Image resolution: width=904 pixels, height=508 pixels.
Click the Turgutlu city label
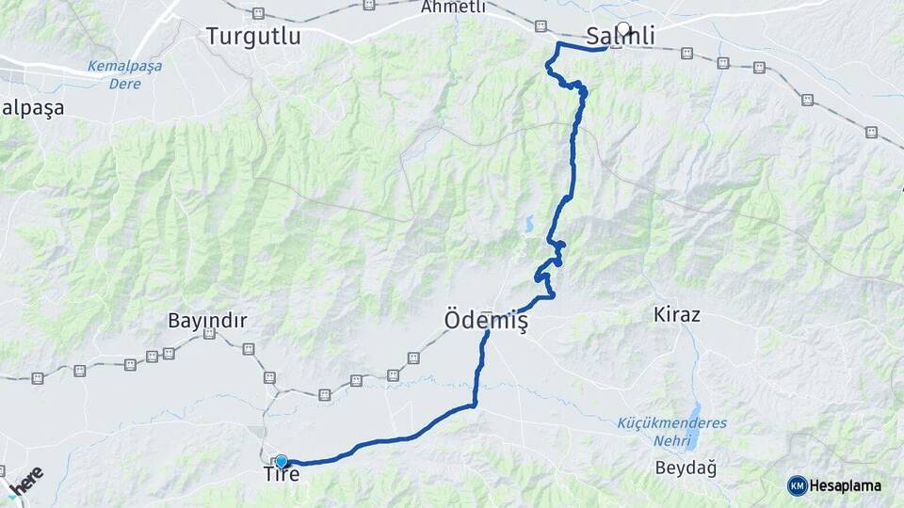tap(253, 37)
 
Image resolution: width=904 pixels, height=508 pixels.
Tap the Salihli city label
tap(620, 37)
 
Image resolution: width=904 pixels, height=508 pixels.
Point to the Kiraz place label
tap(676, 314)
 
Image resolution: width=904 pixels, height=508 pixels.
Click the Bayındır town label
tap(207, 321)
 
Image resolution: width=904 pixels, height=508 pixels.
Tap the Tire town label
tap(282, 474)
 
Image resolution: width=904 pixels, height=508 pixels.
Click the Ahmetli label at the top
tap(454, 7)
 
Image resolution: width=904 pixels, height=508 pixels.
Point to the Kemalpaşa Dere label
tap(124, 74)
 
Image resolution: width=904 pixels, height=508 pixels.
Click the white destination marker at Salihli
tap(622, 27)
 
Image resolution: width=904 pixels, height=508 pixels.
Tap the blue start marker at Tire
tap(281, 461)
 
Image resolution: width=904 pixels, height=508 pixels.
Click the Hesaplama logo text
tap(845, 485)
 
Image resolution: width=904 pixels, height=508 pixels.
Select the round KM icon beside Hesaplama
tap(797, 485)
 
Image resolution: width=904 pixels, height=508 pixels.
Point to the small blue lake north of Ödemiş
tap(528, 225)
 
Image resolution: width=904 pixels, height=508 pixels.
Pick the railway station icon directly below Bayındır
tap(249, 349)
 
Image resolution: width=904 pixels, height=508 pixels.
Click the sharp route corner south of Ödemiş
tap(475, 405)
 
